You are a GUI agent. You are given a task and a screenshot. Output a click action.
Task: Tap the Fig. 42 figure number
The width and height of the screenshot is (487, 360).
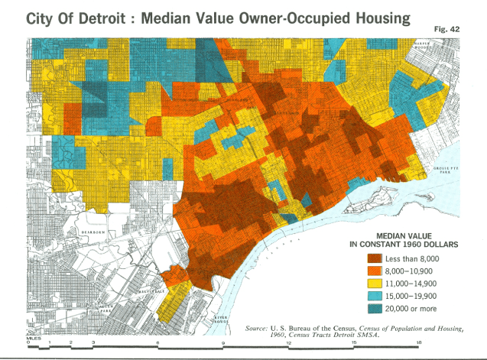point(456,27)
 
